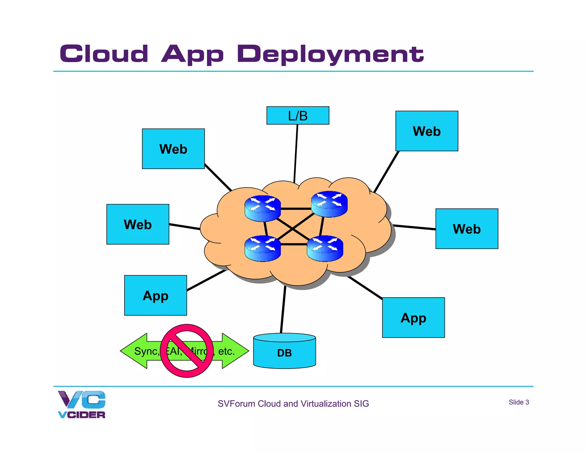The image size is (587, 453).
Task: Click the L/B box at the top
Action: point(298,115)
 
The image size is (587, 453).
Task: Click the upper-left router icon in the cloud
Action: point(262,208)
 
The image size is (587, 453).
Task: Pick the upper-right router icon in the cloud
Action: point(329,204)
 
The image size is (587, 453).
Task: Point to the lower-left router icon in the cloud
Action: point(262,248)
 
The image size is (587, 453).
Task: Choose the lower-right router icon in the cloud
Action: point(325,248)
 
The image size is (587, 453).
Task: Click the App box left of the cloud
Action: point(155,295)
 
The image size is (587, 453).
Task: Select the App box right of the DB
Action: point(413,317)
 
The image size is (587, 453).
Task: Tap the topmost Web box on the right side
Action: point(426,131)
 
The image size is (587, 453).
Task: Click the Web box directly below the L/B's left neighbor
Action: point(138,224)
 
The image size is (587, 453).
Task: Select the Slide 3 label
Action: point(518,402)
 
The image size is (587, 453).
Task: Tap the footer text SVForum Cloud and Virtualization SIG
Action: point(293,403)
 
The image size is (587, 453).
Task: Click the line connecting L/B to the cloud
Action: point(296,153)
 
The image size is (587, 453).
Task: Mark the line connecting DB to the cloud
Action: point(283,309)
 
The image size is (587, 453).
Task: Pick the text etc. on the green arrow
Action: point(226,351)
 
